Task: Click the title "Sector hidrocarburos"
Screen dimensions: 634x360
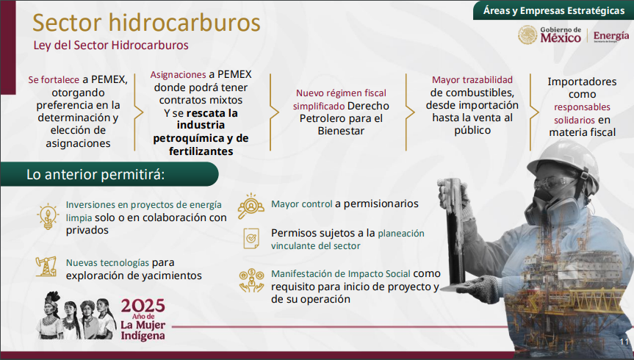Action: [146, 23]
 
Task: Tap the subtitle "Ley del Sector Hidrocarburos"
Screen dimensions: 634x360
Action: [111, 46]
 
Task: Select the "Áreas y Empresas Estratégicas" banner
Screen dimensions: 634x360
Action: [553, 10]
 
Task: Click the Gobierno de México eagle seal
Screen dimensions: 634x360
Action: [527, 35]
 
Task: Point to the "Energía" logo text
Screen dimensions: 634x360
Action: [611, 36]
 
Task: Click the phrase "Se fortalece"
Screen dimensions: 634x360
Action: [54, 79]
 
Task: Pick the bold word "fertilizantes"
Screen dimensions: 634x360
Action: [201, 151]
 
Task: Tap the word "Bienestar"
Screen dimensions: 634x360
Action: [341, 131]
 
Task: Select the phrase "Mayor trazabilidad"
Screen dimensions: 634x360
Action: [472, 79]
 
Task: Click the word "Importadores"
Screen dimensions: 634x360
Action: [582, 82]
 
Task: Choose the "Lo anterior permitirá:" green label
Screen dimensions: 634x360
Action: [109, 174]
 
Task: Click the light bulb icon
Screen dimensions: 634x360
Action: [48, 217]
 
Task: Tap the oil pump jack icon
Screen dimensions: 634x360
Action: [46, 267]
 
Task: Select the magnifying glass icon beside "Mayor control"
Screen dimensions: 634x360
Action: [251, 206]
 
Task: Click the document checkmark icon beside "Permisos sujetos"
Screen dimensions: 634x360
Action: [251, 238]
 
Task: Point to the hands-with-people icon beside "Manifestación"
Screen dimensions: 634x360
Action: [251, 281]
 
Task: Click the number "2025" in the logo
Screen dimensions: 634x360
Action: [143, 306]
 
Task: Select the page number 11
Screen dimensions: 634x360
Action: [624, 342]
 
